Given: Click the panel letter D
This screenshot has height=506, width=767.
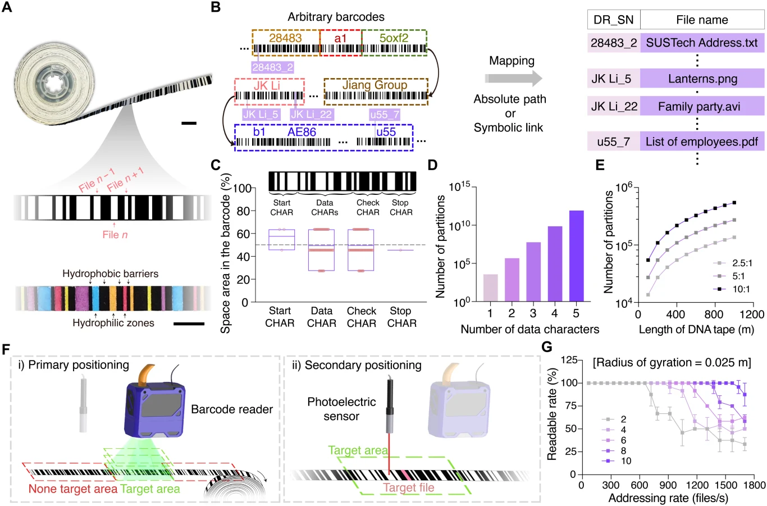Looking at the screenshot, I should click(432, 165).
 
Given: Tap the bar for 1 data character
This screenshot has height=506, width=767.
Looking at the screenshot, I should click(490, 288).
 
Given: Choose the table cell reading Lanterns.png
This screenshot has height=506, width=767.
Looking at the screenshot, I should click(702, 79).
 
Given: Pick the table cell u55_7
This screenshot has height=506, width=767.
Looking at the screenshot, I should click(613, 142).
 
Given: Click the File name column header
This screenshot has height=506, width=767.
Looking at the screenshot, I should click(702, 20).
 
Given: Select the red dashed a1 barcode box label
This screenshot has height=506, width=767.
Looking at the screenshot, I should click(340, 38).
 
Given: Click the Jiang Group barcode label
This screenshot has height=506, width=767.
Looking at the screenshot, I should click(375, 85).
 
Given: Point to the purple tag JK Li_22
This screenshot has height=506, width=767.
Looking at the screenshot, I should click(311, 115).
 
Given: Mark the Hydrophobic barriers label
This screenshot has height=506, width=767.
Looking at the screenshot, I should click(110, 274).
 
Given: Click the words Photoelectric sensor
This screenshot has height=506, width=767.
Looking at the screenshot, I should click(341, 409).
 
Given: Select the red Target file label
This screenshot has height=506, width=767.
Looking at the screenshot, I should click(408, 487).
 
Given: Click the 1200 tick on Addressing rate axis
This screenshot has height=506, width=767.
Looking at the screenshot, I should click(697, 485).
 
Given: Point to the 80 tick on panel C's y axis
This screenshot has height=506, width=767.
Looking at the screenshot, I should click(243, 211).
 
